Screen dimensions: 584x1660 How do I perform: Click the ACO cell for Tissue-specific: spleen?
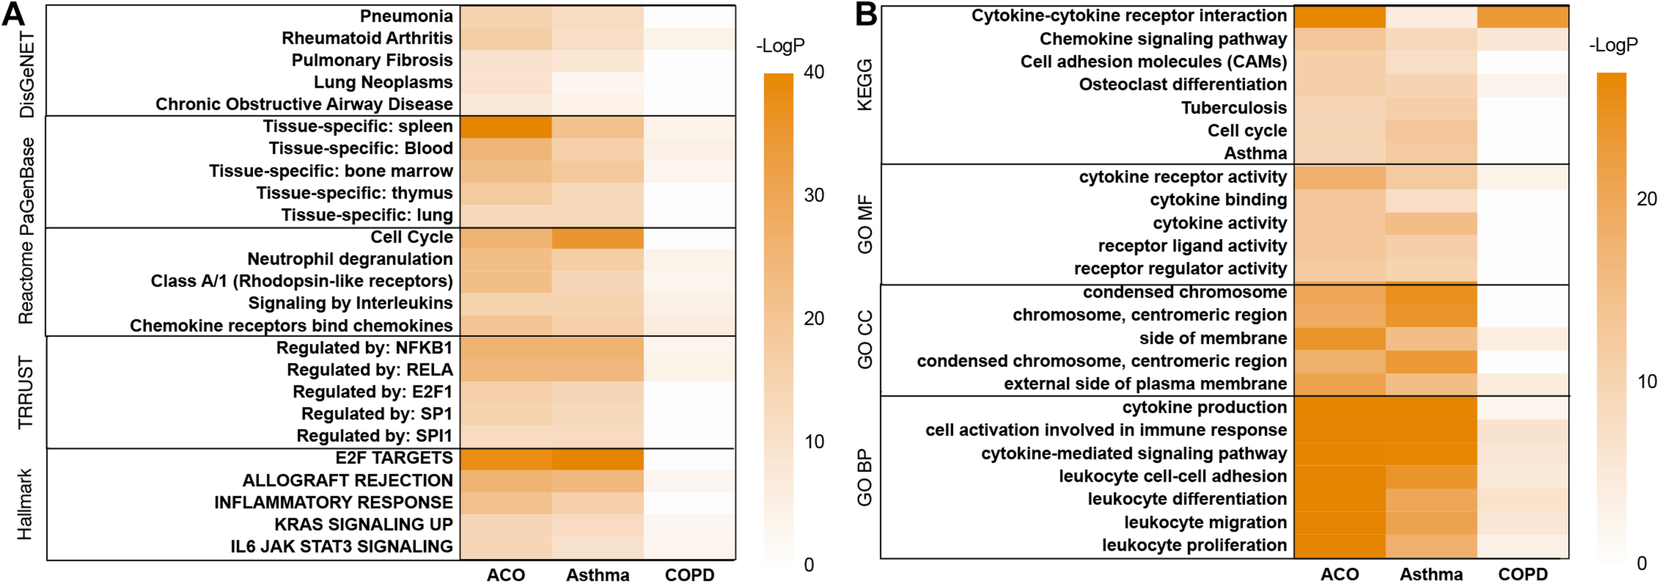click(x=505, y=127)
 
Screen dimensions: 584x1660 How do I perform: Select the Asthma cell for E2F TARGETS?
click(x=597, y=458)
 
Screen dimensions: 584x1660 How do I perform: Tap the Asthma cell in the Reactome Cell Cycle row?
click(x=597, y=238)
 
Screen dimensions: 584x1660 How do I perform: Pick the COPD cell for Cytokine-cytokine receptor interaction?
click(x=1522, y=16)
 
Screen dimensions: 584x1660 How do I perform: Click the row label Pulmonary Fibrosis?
click(x=372, y=60)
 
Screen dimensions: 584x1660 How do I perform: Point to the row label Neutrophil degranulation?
click(x=350, y=259)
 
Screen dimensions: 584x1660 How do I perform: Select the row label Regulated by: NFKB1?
click(x=364, y=348)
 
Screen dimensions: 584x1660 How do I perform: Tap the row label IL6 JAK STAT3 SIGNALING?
click(x=341, y=547)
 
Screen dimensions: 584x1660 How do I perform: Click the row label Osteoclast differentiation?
click(x=1183, y=84)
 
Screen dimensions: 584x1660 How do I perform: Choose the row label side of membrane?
click(x=1212, y=338)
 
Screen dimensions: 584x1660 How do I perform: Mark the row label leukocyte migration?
click(x=1205, y=522)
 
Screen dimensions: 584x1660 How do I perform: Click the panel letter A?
click(x=13, y=15)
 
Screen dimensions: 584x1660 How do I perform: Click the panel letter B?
click(x=866, y=15)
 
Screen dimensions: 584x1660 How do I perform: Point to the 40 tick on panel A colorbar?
click(x=813, y=72)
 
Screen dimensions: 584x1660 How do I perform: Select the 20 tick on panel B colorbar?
click(x=1647, y=199)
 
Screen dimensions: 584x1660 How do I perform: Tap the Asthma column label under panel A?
click(x=597, y=575)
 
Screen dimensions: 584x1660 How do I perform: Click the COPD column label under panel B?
click(x=1522, y=574)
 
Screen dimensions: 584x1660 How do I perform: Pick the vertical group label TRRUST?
click(x=25, y=393)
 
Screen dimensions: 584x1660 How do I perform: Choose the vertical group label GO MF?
click(x=865, y=225)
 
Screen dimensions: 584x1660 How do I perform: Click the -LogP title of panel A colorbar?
click(x=780, y=46)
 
